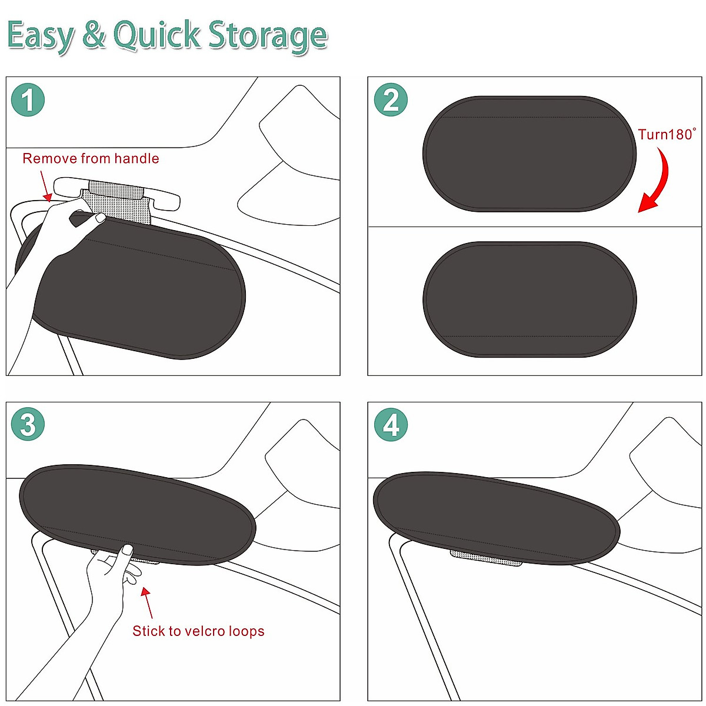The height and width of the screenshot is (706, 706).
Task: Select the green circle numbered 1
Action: pos(28,100)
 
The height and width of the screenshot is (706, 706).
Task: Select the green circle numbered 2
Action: pos(391,100)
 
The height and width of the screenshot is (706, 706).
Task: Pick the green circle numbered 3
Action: pos(28,425)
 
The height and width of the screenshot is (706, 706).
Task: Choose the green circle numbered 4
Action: pos(391,425)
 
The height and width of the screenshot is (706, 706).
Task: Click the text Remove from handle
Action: pos(91,159)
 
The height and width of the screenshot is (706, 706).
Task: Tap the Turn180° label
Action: pos(667,135)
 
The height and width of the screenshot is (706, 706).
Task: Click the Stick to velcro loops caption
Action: pos(198,631)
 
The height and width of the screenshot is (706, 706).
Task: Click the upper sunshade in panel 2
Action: pos(529,154)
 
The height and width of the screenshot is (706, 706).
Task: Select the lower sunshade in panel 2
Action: pos(529,299)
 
